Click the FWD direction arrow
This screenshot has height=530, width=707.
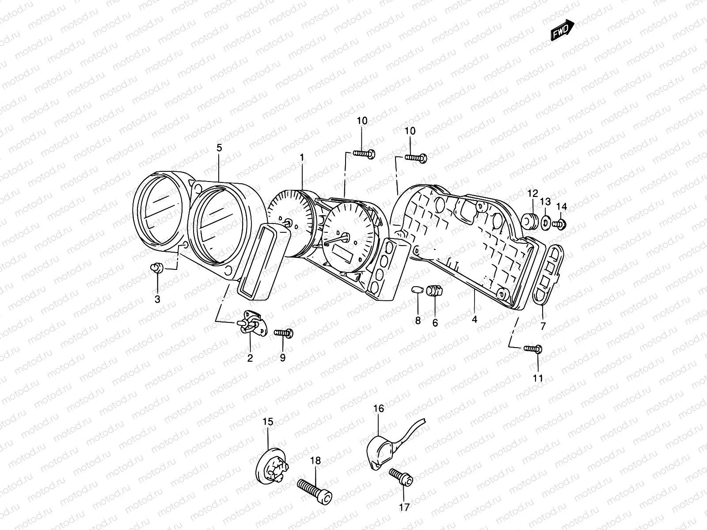pyautogui.click(x=563, y=31)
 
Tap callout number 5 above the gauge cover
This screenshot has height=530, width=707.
pyautogui.click(x=220, y=148)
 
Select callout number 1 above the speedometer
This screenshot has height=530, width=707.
pyautogui.click(x=302, y=157)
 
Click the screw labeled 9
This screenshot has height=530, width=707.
pyautogui.click(x=284, y=333)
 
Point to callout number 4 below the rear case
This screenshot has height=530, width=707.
pyautogui.click(x=475, y=319)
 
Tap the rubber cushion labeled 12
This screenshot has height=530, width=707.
pyautogui.click(x=530, y=221)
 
